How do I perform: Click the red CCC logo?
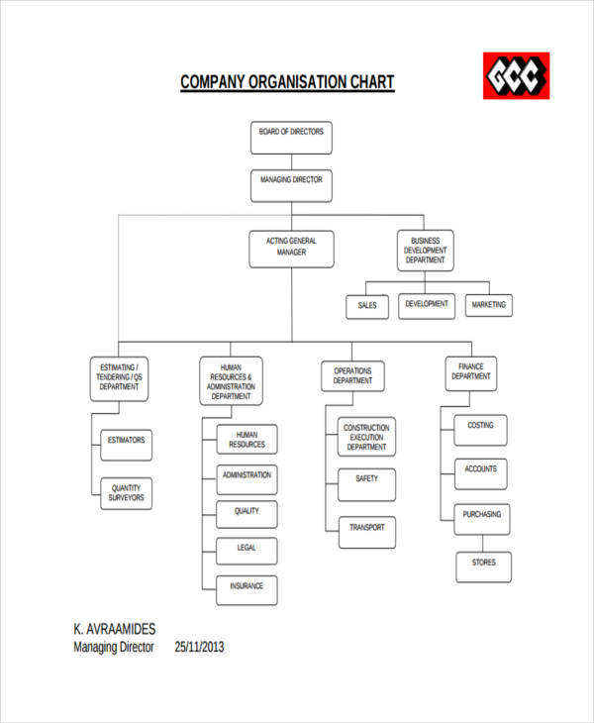pyautogui.click(x=516, y=75)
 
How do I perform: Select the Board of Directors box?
pyautogui.click(x=291, y=138)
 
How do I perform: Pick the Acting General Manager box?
pyautogui.click(x=291, y=249)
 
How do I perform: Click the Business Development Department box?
pyautogui.click(x=425, y=251)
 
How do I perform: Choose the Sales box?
pyautogui.click(x=367, y=306)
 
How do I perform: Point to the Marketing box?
pyautogui.click(x=488, y=305)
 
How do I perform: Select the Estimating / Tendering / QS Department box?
pyautogui.click(x=120, y=377)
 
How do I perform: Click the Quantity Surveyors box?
pyautogui.click(x=127, y=493)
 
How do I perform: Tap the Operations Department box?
pyautogui.click(x=353, y=376)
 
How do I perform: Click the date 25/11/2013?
pyautogui.click(x=200, y=648)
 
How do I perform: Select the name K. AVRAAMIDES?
pyautogui.click(x=115, y=628)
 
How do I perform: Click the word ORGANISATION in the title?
pyautogui.click(x=289, y=82)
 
